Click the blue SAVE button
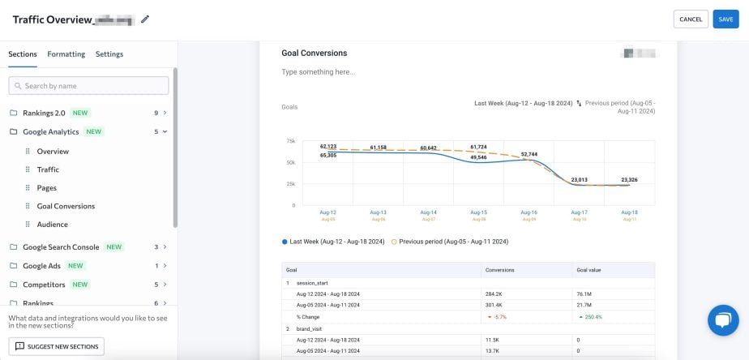click(x=725, y=19)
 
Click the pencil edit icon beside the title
click(x=145, y=19)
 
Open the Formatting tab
click(x=66, y=54)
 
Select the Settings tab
click(x=109, y=54)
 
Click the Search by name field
click(x=89, y=86)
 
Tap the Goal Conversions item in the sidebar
click(x=66, y=206)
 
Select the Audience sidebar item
click(x=52, y=225)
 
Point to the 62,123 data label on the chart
click(x=328, y=146)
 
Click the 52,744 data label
click(x=529, y=154)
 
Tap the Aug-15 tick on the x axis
click(x=478, y=212)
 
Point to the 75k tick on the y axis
click(x=290, y=141)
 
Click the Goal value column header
click(x=589, y=270)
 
